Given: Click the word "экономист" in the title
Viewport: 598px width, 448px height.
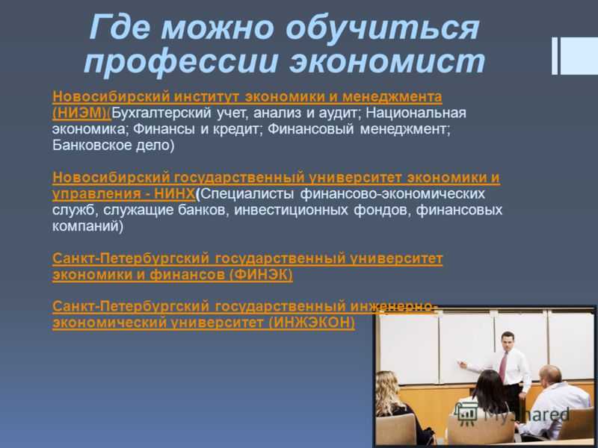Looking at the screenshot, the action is point(386,61).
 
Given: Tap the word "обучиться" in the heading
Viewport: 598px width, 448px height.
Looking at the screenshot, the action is point(382,28).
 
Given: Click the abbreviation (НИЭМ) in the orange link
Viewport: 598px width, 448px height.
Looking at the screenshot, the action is point(81,113).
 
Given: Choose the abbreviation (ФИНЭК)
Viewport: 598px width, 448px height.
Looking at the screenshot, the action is point(261,274).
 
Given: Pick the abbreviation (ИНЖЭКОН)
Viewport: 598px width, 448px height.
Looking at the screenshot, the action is point(312,323).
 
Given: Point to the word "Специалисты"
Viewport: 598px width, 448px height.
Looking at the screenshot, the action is point(247,193).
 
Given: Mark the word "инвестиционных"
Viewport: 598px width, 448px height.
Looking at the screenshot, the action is point(291,210).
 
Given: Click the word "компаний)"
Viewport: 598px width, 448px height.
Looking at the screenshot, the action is point(87,226).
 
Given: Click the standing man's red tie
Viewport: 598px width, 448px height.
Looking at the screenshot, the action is point(503,367).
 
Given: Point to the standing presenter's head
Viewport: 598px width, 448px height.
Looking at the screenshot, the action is point(508,341).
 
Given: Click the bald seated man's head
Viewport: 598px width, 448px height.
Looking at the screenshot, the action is point(550,376).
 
